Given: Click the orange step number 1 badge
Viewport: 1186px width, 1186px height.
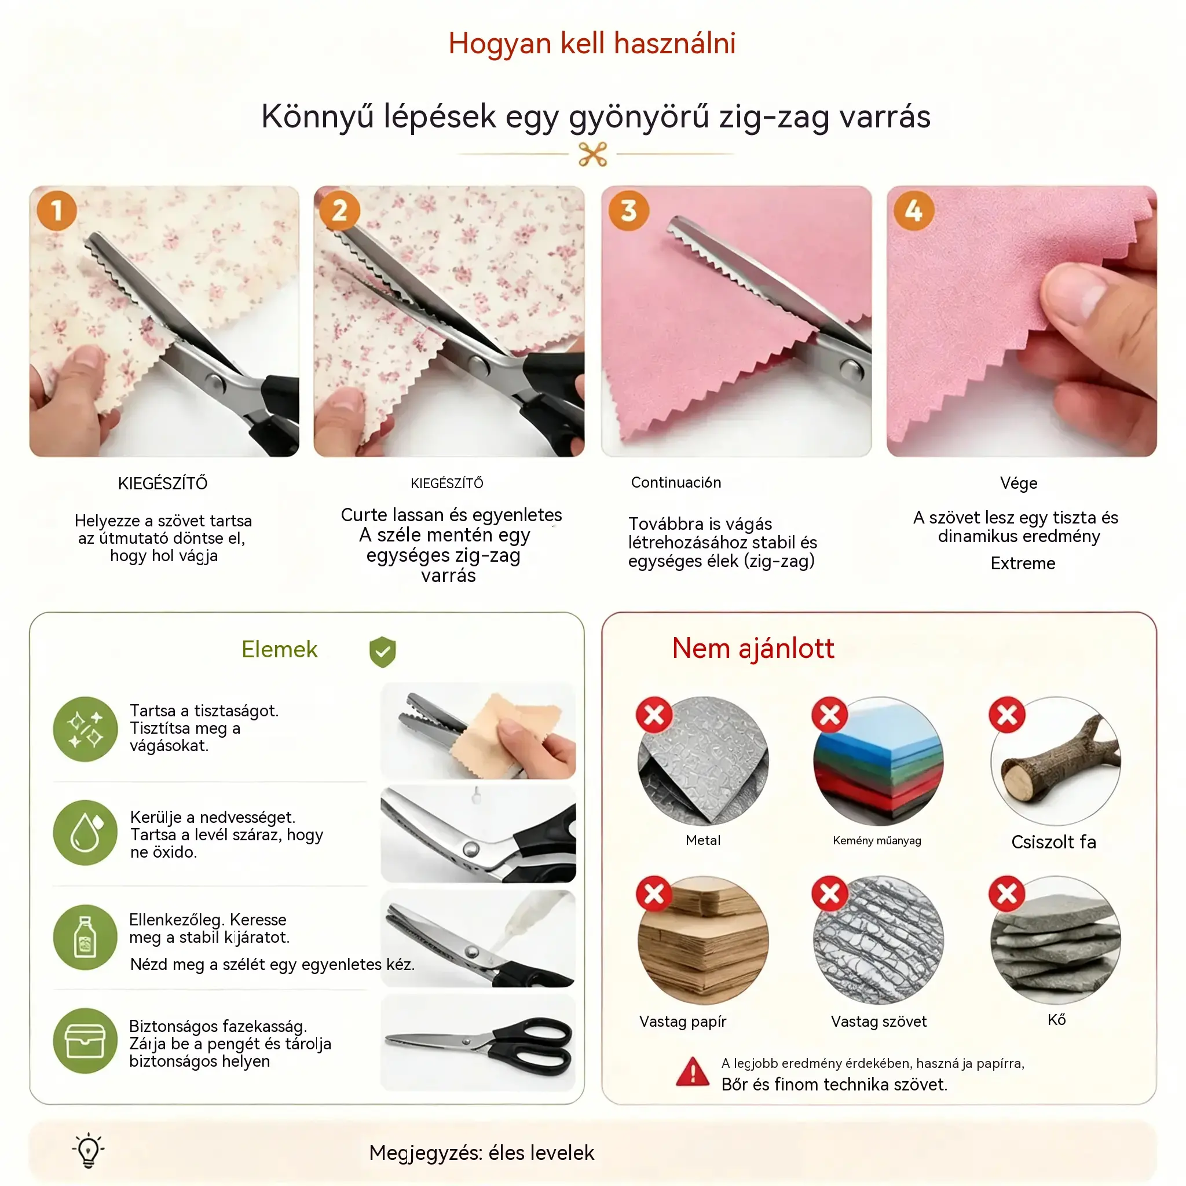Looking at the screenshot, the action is (x=57, y=211).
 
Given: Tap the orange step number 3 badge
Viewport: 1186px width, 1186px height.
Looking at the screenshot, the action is (x=628, y=211).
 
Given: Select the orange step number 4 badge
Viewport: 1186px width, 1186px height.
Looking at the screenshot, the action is (x=914, y=211).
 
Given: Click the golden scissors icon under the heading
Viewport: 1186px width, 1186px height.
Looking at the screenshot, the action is (x=592, y=154).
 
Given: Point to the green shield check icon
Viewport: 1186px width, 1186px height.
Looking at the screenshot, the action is (x=382, y=651).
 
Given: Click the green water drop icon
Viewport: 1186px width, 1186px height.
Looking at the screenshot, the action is (x=85, y=833).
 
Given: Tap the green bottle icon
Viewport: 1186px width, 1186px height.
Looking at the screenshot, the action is (x=85, y=938).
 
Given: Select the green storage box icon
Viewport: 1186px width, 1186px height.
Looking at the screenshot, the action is (x=85, y=1041).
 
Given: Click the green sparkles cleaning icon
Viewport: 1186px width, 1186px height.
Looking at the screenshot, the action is (x=85, y=729).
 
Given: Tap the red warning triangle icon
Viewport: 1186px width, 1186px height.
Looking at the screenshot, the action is (x=693, y=1072).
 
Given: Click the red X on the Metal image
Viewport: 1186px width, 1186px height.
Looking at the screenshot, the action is (x=654, y=715).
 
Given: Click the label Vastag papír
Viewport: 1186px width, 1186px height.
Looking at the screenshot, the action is (x=683, y=1022).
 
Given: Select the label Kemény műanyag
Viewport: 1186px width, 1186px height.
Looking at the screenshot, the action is (x=877, y=840).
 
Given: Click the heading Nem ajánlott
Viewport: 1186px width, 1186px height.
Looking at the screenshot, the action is (x=753, y=648).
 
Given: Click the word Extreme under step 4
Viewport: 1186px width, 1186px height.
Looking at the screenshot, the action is (x=1023, y=563).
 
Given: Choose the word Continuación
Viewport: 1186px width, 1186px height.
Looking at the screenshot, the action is (x=676, y=482).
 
